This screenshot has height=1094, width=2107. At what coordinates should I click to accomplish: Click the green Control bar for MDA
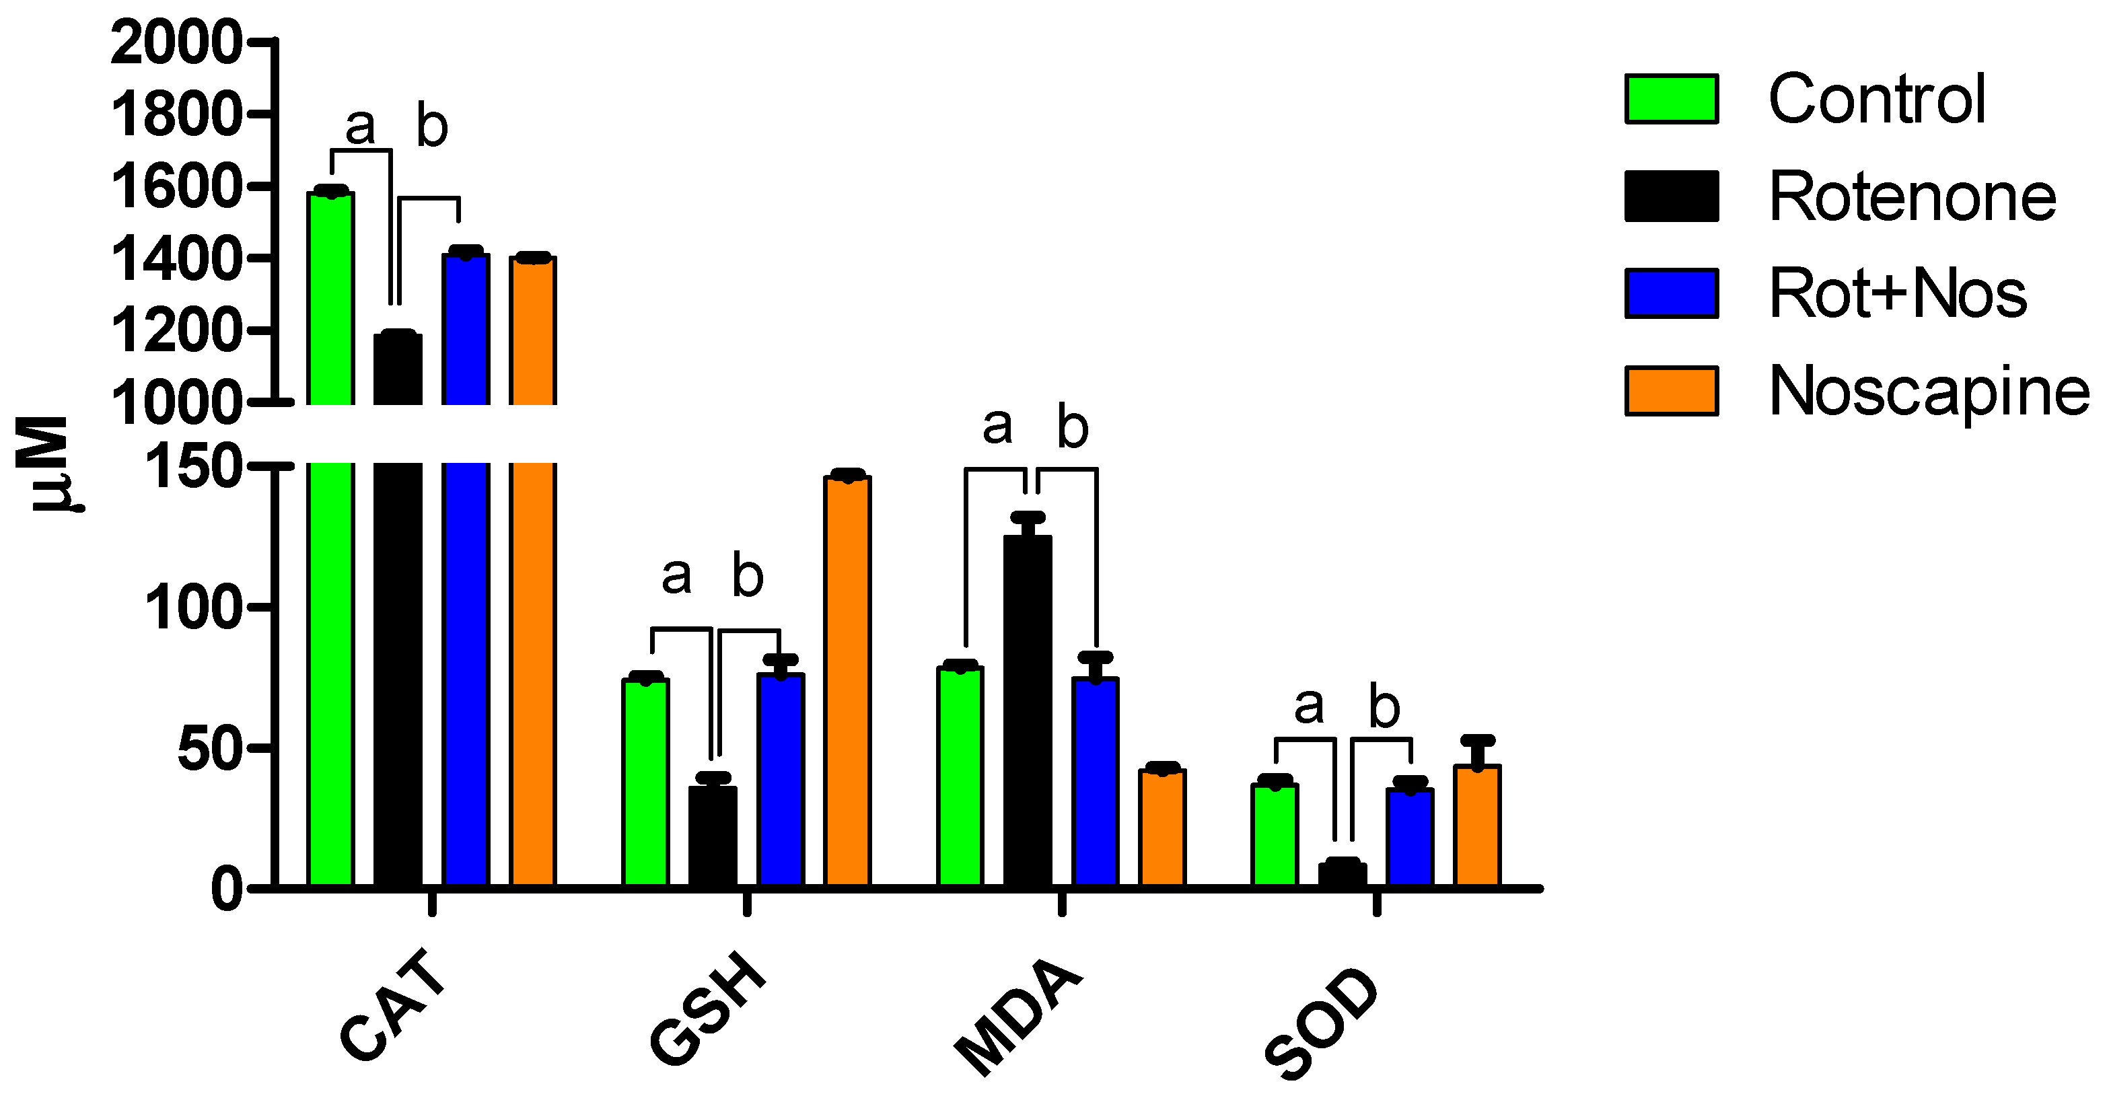(960, 776)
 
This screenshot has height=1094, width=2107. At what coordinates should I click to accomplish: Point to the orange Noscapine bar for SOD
(1476, 825)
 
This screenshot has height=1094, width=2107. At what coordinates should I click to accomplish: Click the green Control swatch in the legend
(1671, 99)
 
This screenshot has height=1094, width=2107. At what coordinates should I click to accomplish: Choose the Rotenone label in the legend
(1912, 196)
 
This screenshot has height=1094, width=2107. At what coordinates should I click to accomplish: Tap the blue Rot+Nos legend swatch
(1671, 293)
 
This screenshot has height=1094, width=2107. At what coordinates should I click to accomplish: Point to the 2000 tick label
(176, 42)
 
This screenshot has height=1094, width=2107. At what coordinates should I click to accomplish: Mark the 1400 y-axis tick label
(176, 259)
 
